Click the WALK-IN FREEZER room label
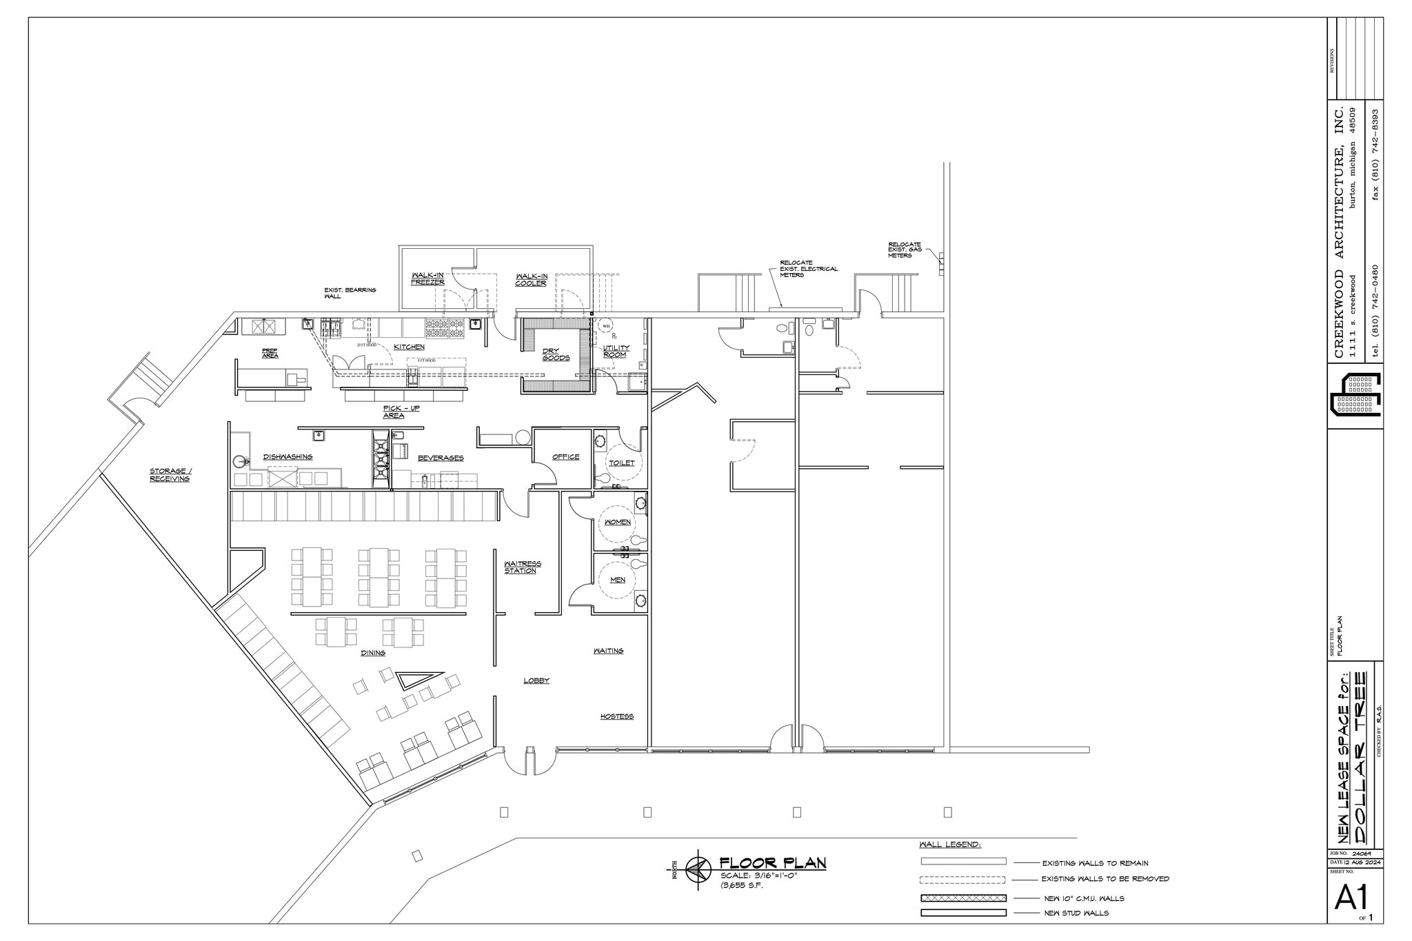(427, 279)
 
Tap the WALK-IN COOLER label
(532, 279)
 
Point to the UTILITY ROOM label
(614, 352)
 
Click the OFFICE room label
(565, 457)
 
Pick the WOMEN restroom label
(617, 523)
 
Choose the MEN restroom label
(618, 580)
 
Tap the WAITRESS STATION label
(522, 567)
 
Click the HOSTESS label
(616, 717)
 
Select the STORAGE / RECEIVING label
(170, 475)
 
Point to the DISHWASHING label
(288, 457)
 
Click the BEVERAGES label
(440, 458)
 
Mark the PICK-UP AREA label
(401, 412)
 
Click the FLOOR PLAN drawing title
(772, 863)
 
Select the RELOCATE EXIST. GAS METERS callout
(904, 250)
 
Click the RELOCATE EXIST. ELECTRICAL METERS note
(808, 269)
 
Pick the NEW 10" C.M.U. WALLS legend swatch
(963, 898)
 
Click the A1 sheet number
(1351, 898)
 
